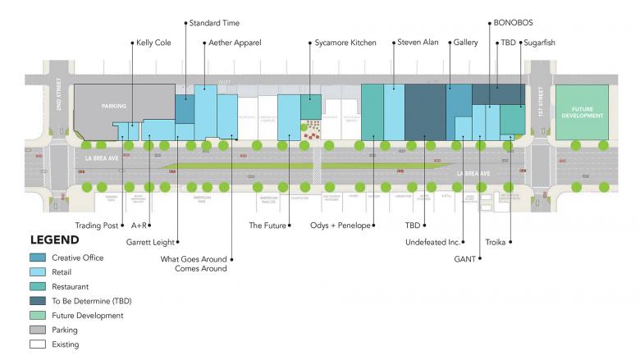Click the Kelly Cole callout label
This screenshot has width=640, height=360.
click(x=153, y=43)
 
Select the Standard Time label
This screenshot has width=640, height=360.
click(x=214, y=23)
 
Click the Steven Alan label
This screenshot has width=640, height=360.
click(x=418, y=43)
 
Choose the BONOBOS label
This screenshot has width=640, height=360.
click(x=514, y=23)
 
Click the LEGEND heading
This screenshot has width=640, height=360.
click(x=54, y=240)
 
